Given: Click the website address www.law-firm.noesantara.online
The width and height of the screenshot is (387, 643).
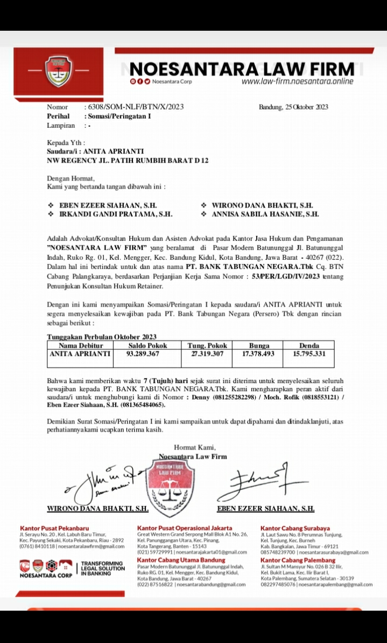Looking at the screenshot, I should click(297, 81).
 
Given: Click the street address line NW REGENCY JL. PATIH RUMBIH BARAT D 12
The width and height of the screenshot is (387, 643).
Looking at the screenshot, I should click(128, 161).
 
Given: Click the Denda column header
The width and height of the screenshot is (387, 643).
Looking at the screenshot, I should click(309, 345).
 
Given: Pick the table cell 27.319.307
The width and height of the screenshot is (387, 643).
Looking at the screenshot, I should click(207, 354).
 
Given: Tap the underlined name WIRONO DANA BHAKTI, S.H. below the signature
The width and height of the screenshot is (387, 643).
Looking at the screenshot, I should click(98, 508).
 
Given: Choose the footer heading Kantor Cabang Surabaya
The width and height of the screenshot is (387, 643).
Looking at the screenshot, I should click(295, 528).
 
